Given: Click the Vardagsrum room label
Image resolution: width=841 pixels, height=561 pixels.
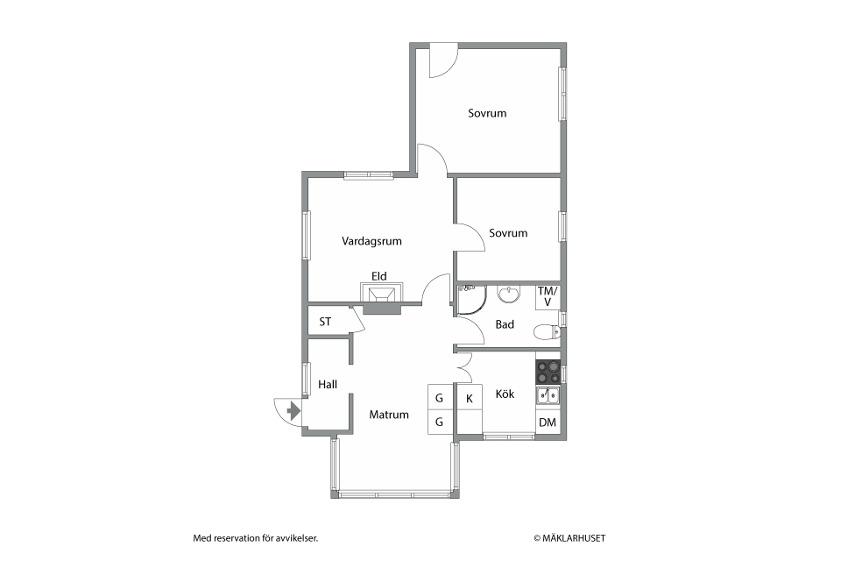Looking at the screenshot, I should (x=371, y=241).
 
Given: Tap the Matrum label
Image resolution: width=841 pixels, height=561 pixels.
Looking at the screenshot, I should (x=388, y=415).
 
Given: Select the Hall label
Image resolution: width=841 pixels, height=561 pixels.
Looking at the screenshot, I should (x=328, y=384).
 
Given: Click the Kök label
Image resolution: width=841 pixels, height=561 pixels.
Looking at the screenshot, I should (x=505, y=394).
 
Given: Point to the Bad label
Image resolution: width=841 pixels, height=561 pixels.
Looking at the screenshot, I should (x=505, y=324).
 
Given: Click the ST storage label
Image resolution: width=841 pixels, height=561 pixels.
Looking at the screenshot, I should (x=325, y=322).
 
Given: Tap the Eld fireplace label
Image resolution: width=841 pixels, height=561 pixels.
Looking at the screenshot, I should (x=378, y=276).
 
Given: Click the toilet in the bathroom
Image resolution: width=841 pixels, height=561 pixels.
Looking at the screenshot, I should (x=546, y=331).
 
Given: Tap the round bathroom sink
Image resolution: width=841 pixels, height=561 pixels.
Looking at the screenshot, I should (x=508, y=294).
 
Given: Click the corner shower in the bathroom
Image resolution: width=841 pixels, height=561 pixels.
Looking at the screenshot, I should (x=470, y=298).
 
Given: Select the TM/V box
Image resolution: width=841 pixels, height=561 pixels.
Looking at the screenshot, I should (x=548, y=296).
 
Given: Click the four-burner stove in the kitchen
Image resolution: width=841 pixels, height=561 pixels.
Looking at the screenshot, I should (x=548, y=370).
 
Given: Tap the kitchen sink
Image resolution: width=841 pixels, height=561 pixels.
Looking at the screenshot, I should (x=548, y=395).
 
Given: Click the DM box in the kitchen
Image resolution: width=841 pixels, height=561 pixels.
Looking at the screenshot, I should (x=548, y=423).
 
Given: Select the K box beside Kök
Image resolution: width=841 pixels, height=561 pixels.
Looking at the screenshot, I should (x=470, y=398).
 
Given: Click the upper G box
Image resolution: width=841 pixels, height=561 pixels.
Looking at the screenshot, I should (x=440, y=398).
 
